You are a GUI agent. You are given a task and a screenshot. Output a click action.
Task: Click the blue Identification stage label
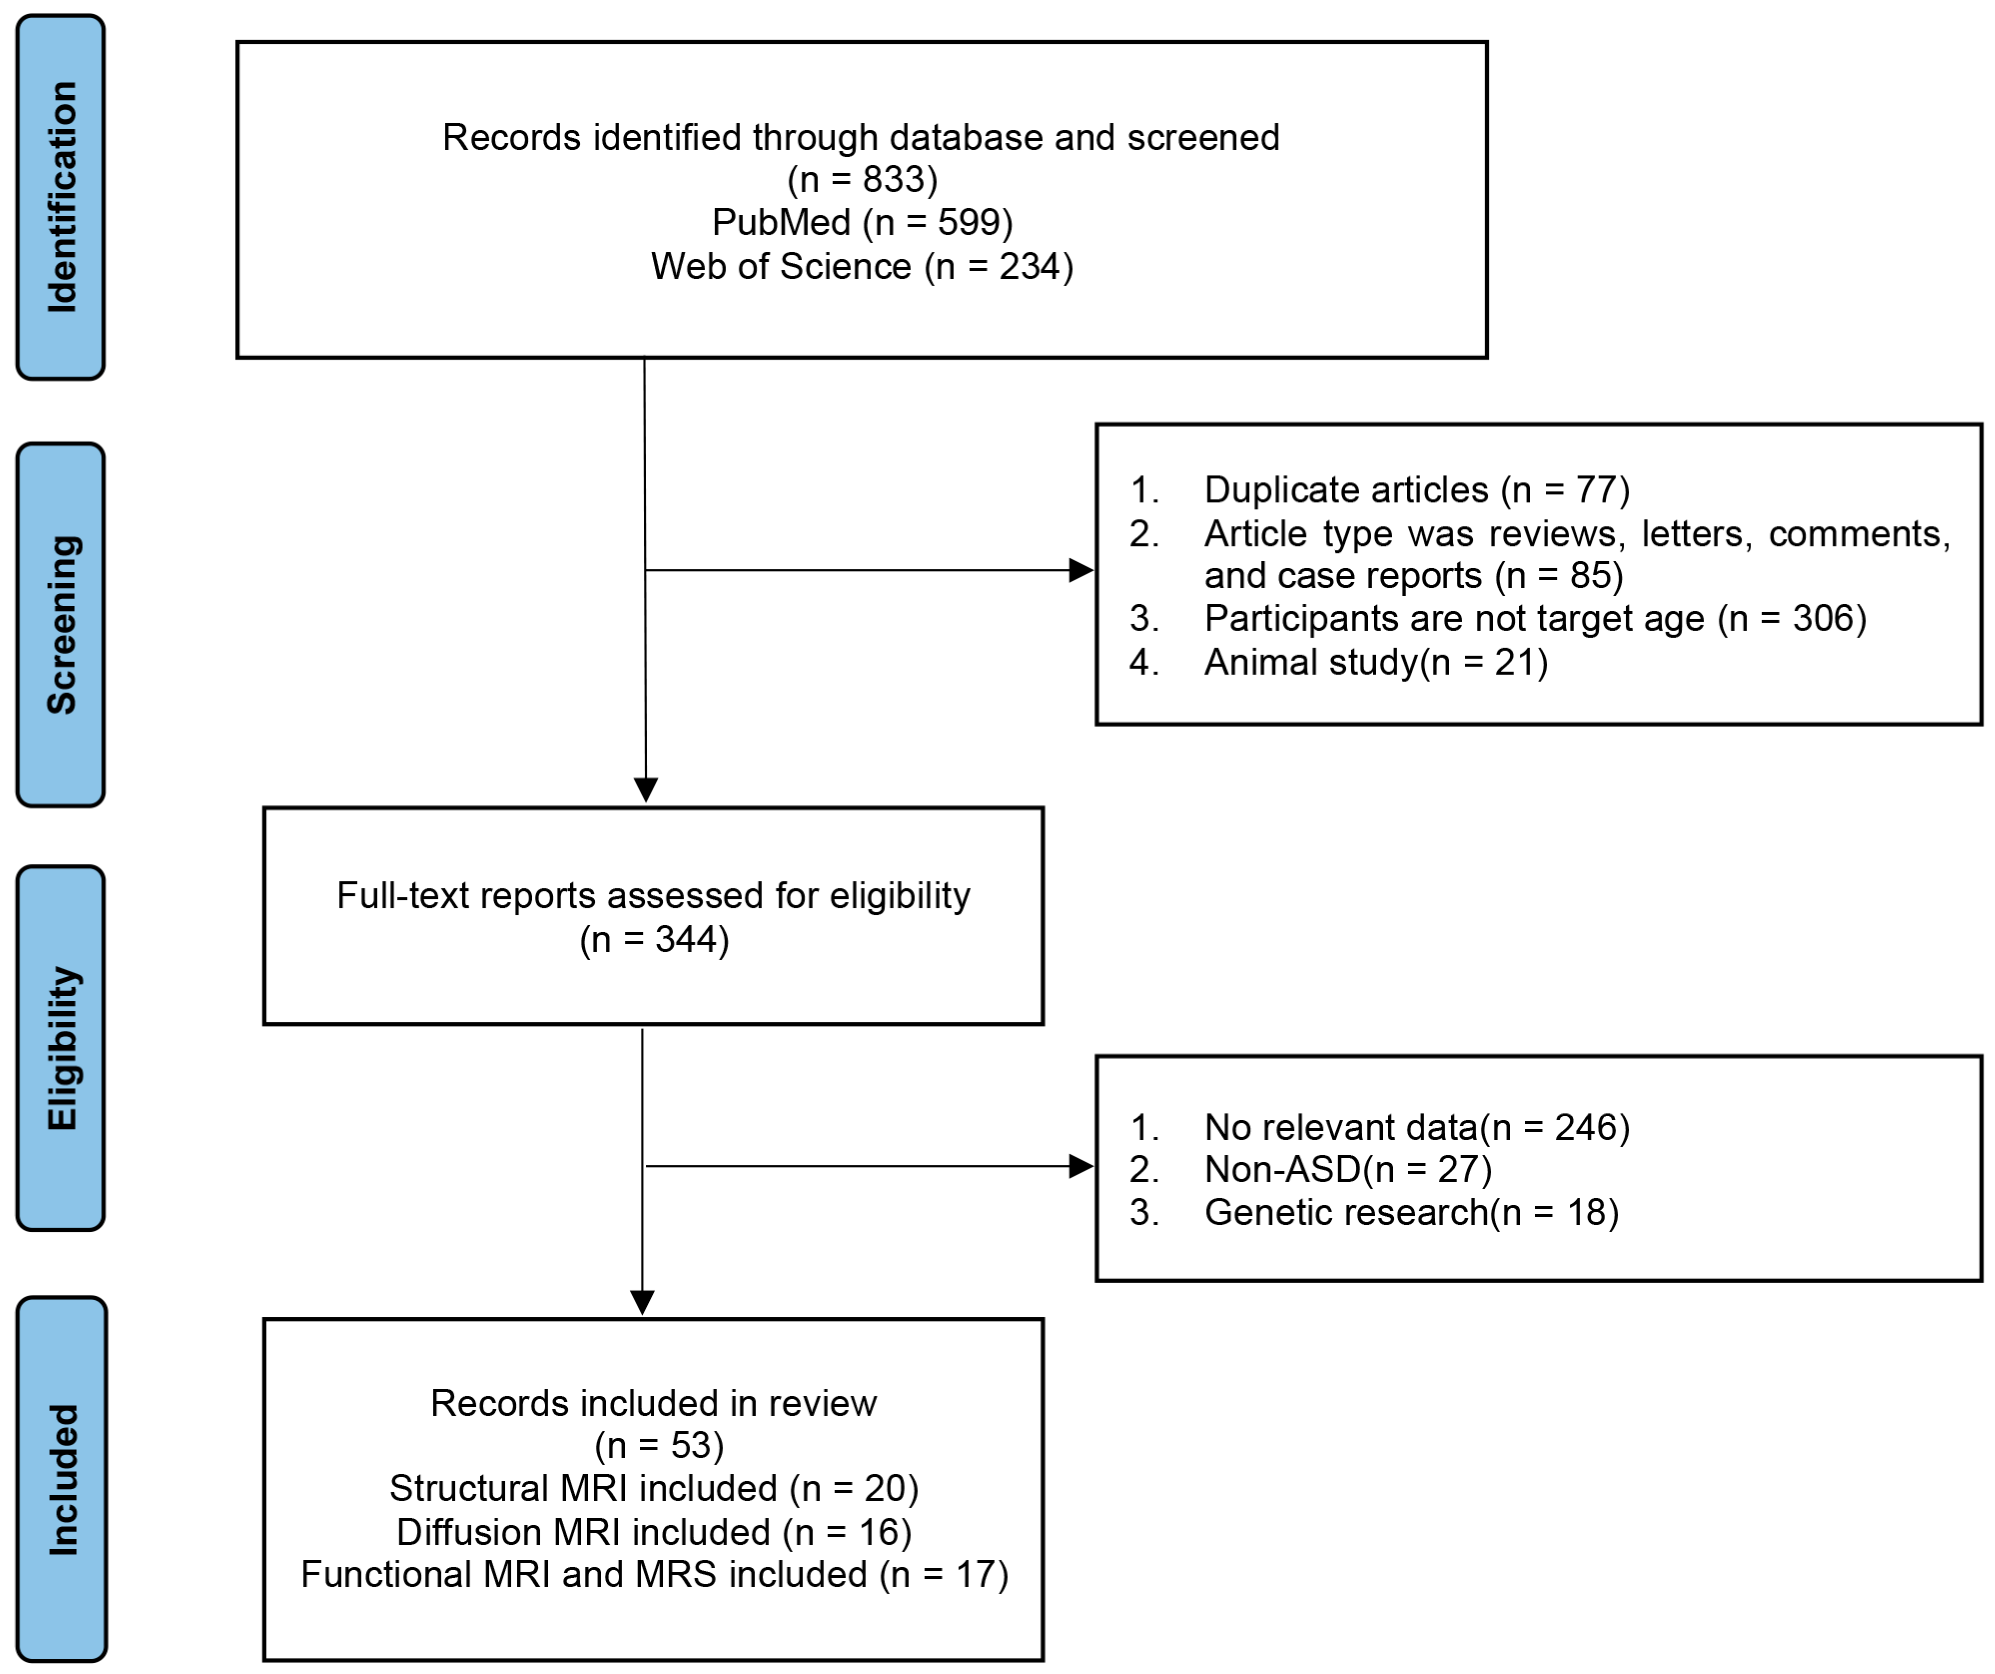point(61,198)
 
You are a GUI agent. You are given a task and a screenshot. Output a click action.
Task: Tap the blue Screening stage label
point(61,625)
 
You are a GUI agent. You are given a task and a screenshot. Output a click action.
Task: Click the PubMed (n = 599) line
point(862,222)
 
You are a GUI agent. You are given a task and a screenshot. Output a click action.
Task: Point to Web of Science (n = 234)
point(862,266)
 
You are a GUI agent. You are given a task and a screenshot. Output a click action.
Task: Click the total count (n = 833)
point(862,179)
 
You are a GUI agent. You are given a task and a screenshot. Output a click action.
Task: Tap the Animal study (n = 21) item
point(1374,662)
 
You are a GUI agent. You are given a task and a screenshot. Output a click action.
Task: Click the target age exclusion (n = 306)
point(1534,618)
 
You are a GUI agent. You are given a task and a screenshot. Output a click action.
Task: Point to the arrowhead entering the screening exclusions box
point(1081,570)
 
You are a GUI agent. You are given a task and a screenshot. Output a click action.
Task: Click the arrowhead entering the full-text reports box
point(646,789)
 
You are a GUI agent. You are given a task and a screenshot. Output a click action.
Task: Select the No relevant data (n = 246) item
point(1415,1127)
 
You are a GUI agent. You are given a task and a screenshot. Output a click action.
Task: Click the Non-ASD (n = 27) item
point(1347,1169)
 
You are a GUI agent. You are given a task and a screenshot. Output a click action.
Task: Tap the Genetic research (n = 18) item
point(1411,1212)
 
